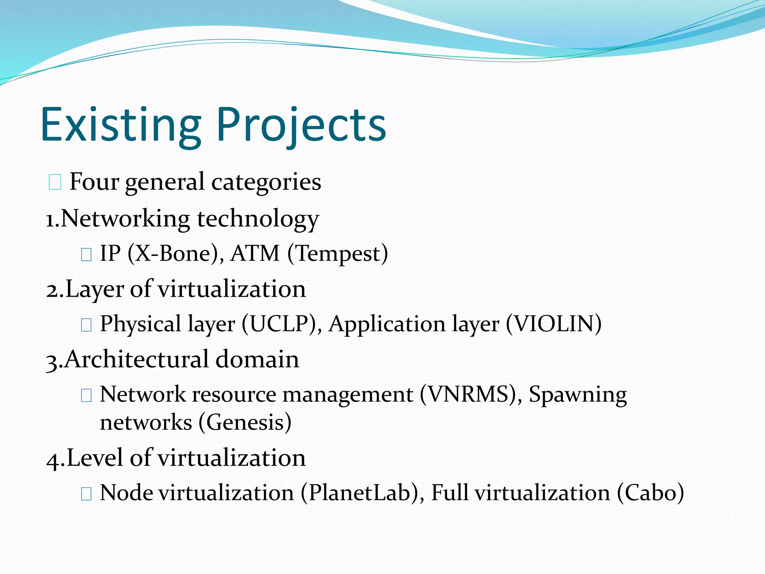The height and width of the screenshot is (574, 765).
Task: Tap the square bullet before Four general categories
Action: point(55,183)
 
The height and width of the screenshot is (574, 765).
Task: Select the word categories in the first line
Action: point(266,182)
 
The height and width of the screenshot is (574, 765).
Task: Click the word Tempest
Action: point(338,254)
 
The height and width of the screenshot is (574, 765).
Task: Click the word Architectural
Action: point(136,359)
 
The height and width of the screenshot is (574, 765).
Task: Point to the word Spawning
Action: point(577,395)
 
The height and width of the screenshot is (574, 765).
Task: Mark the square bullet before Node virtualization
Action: point(86,494)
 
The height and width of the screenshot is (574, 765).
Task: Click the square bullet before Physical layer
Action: point(86,325)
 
